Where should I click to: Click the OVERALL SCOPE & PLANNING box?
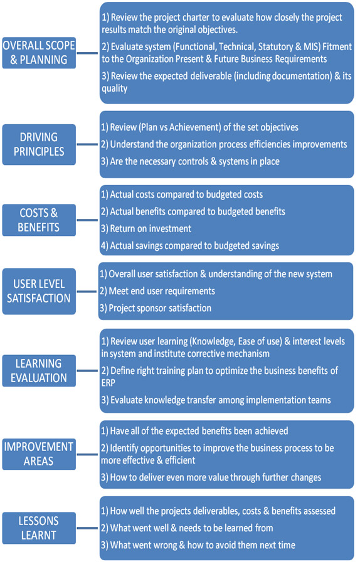39,53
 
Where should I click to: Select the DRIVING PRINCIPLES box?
39,144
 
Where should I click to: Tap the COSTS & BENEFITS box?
39,220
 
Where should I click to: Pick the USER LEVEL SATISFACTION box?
39,291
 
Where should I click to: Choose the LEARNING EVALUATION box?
39,371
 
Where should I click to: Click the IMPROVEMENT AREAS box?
39,454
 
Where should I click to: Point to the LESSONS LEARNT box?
39,528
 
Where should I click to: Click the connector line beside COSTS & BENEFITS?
87,220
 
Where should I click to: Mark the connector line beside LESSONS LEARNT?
87,528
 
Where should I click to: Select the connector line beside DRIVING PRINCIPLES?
87,144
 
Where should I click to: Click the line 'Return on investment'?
146,228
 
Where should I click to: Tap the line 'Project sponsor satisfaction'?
156,308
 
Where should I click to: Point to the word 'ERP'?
108,383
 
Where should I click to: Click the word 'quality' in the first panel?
114,88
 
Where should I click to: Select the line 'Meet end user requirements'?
157,291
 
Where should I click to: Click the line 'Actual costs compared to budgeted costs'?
182,194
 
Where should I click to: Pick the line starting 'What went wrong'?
198,545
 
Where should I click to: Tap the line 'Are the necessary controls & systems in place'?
190,161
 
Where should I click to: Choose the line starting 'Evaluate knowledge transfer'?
216,400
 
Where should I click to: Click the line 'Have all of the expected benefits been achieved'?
194,431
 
